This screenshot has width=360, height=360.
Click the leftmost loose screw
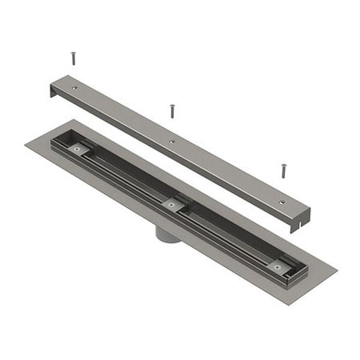tap(74, 58)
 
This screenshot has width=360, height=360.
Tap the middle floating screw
tap(171, 111)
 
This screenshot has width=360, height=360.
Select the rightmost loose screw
tap(283, 170)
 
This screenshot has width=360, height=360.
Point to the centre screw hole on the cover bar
tap(171, 142)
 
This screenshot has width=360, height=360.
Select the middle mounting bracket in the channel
tap(170, 205)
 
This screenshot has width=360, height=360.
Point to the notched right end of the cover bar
tap(301, 219)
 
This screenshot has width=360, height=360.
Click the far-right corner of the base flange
tap(336, 269)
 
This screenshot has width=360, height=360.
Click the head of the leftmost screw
tap(74, 54)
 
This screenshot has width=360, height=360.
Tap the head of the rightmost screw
tap(283, 166)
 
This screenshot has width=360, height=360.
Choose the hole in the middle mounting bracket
tap(170, 205)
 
